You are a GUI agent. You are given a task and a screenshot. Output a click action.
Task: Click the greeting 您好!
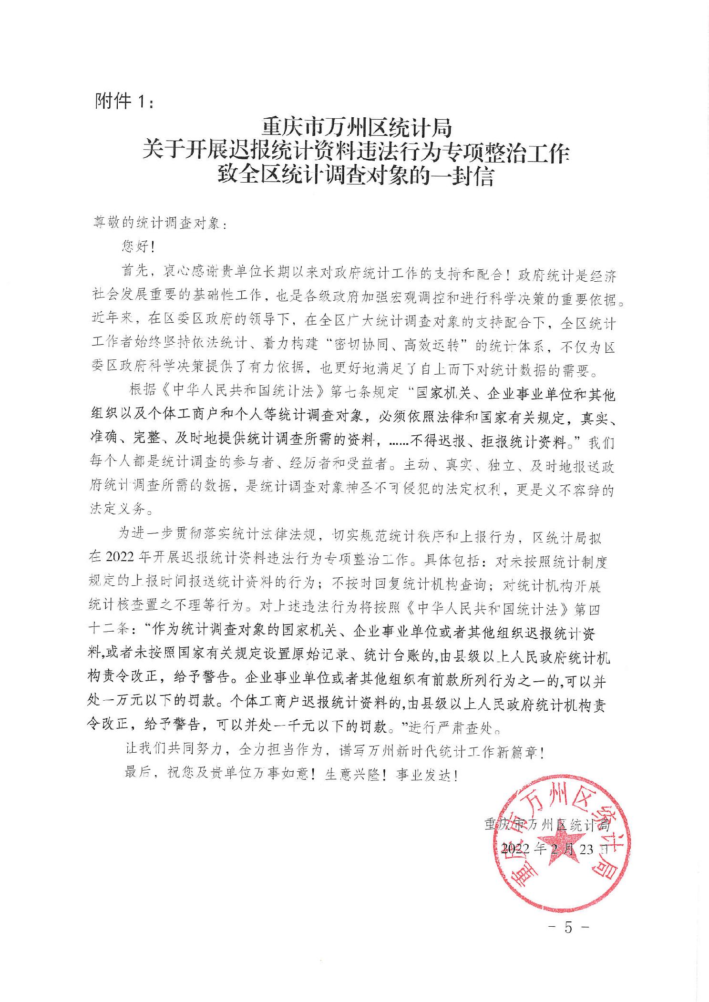tap(135, 247)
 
